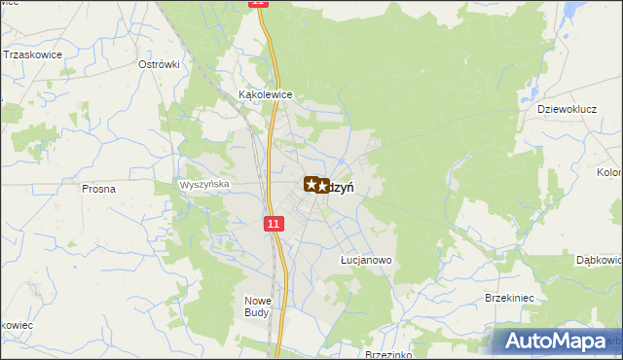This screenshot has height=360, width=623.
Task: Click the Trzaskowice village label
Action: click(33, 54)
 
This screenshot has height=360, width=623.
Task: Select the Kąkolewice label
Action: click(266, 95)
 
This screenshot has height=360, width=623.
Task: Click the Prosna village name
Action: click(99, 189)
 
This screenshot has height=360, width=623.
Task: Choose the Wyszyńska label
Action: click(204, 183)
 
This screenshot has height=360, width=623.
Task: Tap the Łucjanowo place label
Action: click(365, 261)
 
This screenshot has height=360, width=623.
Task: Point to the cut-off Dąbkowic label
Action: click(599, 261)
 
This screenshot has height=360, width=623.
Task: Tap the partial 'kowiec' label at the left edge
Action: click(17, 324)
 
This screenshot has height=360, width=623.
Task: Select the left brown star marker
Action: click(311, 183)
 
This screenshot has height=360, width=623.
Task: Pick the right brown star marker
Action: click(322, 185)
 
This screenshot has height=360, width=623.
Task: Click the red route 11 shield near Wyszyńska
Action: click(274, 224)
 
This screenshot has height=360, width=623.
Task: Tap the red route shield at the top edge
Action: click(257, 4)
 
